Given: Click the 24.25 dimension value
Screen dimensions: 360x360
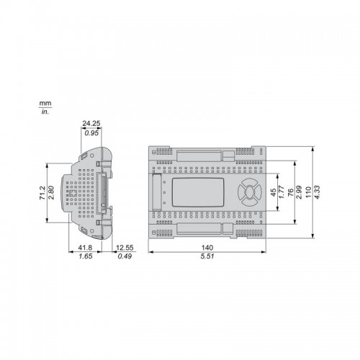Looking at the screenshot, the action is (x=91, y=124).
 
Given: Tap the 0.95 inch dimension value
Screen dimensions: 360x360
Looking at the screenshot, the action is (x=91, y=133).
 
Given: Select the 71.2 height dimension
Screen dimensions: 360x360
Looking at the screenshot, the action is (x=42, y=193).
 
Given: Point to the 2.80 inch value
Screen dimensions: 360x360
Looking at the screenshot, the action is (x=51, y=193).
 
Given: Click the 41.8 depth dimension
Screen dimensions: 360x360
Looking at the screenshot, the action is (x=85, y=248).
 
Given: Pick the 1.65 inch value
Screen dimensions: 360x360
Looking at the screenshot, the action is (x=86, y=256).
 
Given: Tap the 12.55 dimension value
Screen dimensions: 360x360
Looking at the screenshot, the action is (x=125, y=248).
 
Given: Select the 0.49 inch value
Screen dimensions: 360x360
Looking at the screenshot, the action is (x=125, y=256).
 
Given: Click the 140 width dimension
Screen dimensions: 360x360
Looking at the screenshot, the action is (x=207, y=248).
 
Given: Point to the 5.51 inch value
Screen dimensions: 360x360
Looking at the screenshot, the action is (x=207, y=256).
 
